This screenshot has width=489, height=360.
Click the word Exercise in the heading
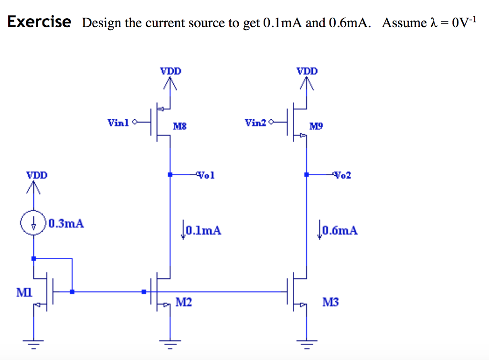[x=39, y=22]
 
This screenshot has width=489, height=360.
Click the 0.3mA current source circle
[x=33, y=223]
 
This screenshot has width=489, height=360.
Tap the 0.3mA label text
[x=66, y=223]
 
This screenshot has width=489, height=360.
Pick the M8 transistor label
[x=180, y=127]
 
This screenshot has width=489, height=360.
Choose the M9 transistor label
[x=316, y=127]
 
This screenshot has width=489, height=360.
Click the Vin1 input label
[x=118, y=123]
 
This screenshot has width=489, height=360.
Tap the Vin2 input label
[x=255, y=123]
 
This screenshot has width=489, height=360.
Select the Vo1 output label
[x=206, y=175]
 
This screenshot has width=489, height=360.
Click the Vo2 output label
[x=343, y=175]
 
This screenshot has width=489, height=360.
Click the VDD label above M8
[x=170, y=71]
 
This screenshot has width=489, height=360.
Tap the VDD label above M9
[x=307, y=71]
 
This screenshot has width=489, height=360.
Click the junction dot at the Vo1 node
[x=170, y=175]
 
